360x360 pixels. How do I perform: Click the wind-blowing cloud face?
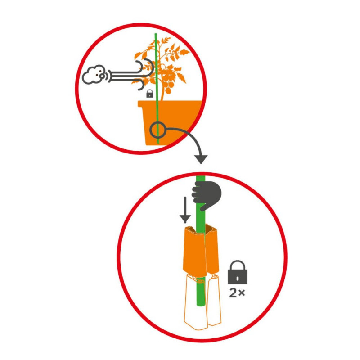coord(94,75)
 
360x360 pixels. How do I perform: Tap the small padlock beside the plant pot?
coord(150,94)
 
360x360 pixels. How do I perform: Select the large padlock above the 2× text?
coord(238,272)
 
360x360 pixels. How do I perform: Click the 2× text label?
coord(237,293)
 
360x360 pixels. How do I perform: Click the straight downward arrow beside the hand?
coord(185,210)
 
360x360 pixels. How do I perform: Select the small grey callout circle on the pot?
coord(158,130)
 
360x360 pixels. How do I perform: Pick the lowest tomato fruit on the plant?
coord(168,91)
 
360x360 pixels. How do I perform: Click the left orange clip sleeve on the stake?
coord(194,252)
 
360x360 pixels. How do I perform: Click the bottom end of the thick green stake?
coord(201,306)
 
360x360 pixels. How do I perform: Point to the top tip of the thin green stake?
coord(156,34)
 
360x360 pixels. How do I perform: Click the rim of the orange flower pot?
coord(170,103)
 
